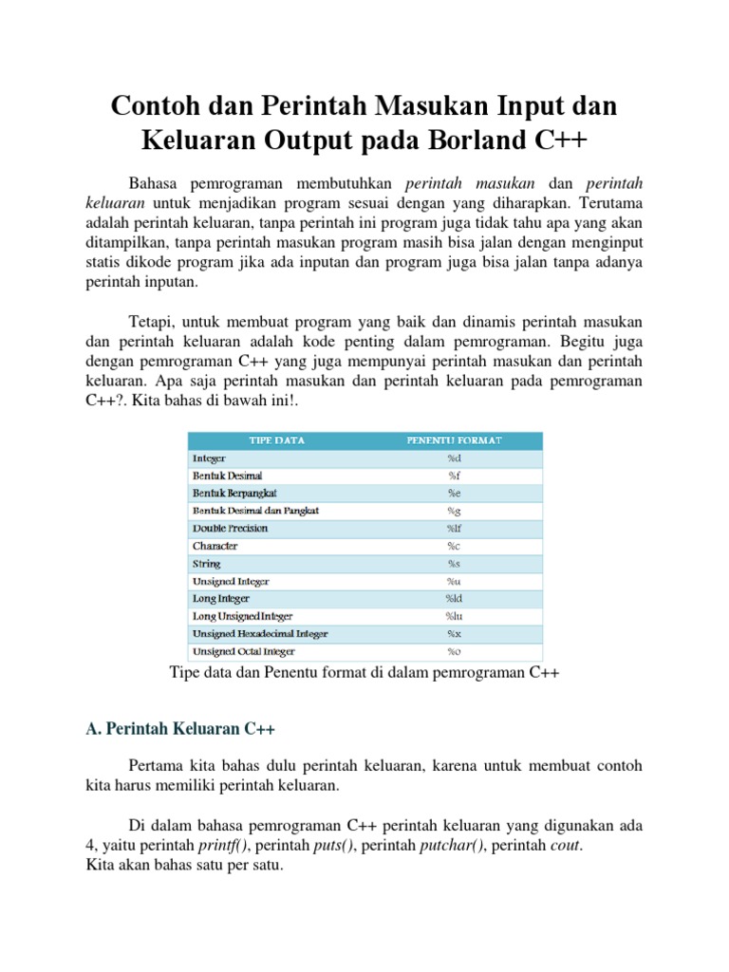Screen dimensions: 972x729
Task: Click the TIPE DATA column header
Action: pyautogui.click(x=277, y=440)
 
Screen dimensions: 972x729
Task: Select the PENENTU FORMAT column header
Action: pyautogui.click(x=454, y=440)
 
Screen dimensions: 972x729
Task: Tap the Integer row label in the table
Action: pyautogui.click(x=210, y=458)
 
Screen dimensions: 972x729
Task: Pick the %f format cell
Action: pyautogui.click(x=453, y=475)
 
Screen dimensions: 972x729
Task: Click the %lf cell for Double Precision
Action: pyautogui.click(x=453, y=528)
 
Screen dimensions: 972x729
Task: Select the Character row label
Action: pyautogui.click(x=215, y=546)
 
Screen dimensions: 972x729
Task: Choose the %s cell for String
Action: pyautogui.click(x=453, y=564)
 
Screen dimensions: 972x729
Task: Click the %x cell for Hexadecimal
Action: pyautogui.click(x=453, y=633)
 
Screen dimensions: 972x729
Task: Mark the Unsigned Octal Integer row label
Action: pyautogui.click(x=244, y=651)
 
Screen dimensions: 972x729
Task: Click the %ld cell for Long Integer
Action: pyautogui.click(x=453, y=598)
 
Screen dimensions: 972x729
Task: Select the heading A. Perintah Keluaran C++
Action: pyautogui.click(x=180, y=729)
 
